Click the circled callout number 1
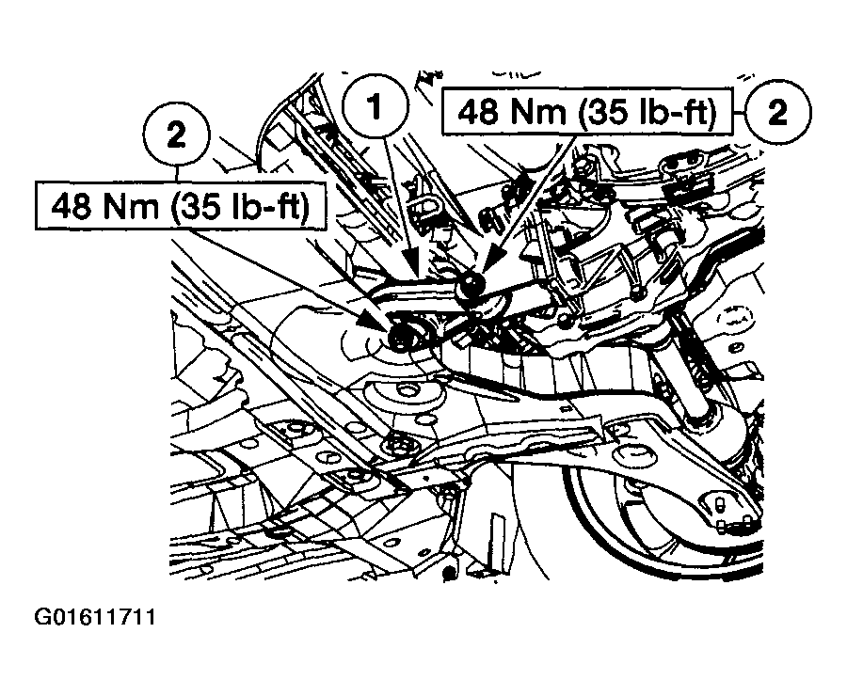coord(375,109)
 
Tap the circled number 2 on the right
coord(777,113)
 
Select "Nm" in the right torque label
coord(533,113)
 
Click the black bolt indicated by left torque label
coord(402,337)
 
